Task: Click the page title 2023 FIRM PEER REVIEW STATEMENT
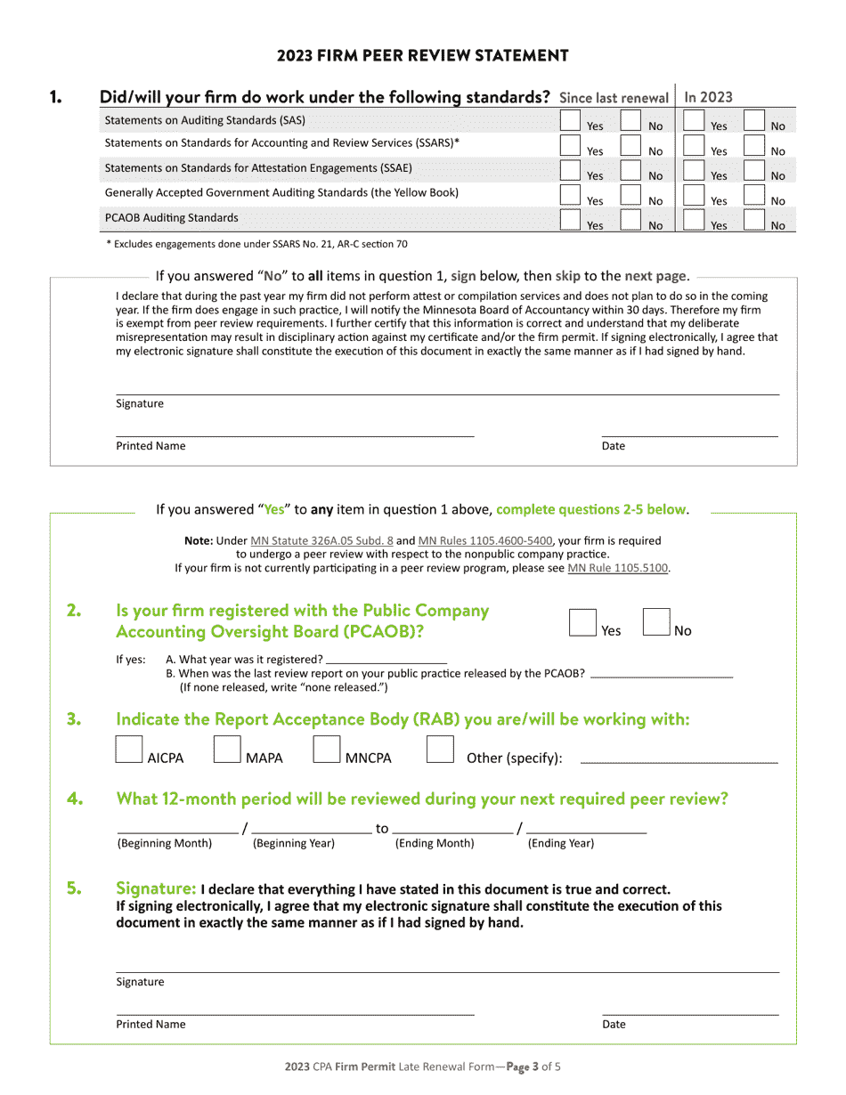pyautogui.click(x=422, y=55)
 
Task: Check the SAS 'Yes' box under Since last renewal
pyautogui.click(x=570, y=121)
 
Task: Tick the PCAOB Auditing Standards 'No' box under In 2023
pyautogui.click(x=753, y=220)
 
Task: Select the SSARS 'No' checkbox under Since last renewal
pyautogui.click(x=630, y=146)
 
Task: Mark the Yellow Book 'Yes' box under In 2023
pyautogui.click(x=694, y=196)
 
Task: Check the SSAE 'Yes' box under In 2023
pyautogui.click(x=694, y=171)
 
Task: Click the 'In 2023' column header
pyautogui.click(x=708, y=97)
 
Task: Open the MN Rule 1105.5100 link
pyautogui.click(x=618, y=568)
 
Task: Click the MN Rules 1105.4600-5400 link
pyautogui.click(x=485, y=540)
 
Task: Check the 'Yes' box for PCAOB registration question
pyautogui.click(x=582, y=622)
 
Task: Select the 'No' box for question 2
pyautogui.click(x=656, y=622)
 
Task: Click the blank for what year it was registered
pyautogui.click(x=386, y=659)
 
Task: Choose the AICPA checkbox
pyautogui.click(x=129, y=750)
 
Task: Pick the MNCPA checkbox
pyautogui.click(x=327, y=750)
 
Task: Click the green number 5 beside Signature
pyautogui.click(x=75, y=888)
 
